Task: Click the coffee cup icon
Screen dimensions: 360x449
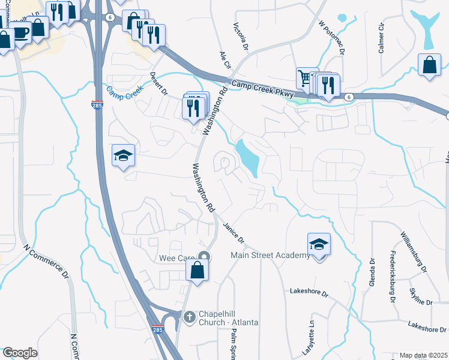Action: pos(20,32)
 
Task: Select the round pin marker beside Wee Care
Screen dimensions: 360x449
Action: pos(204,257)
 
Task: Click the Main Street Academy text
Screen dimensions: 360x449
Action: pos(271,256)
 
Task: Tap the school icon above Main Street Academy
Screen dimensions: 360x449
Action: pos(319,244)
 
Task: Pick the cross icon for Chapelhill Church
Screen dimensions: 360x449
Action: pos(188,316)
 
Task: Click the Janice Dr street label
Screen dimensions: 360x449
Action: pos(234,232)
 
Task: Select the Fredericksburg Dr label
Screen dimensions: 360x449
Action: pos(394,276)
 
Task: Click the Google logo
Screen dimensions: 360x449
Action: pos(20,352)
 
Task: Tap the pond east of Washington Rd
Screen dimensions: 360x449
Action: pos(249,157)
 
